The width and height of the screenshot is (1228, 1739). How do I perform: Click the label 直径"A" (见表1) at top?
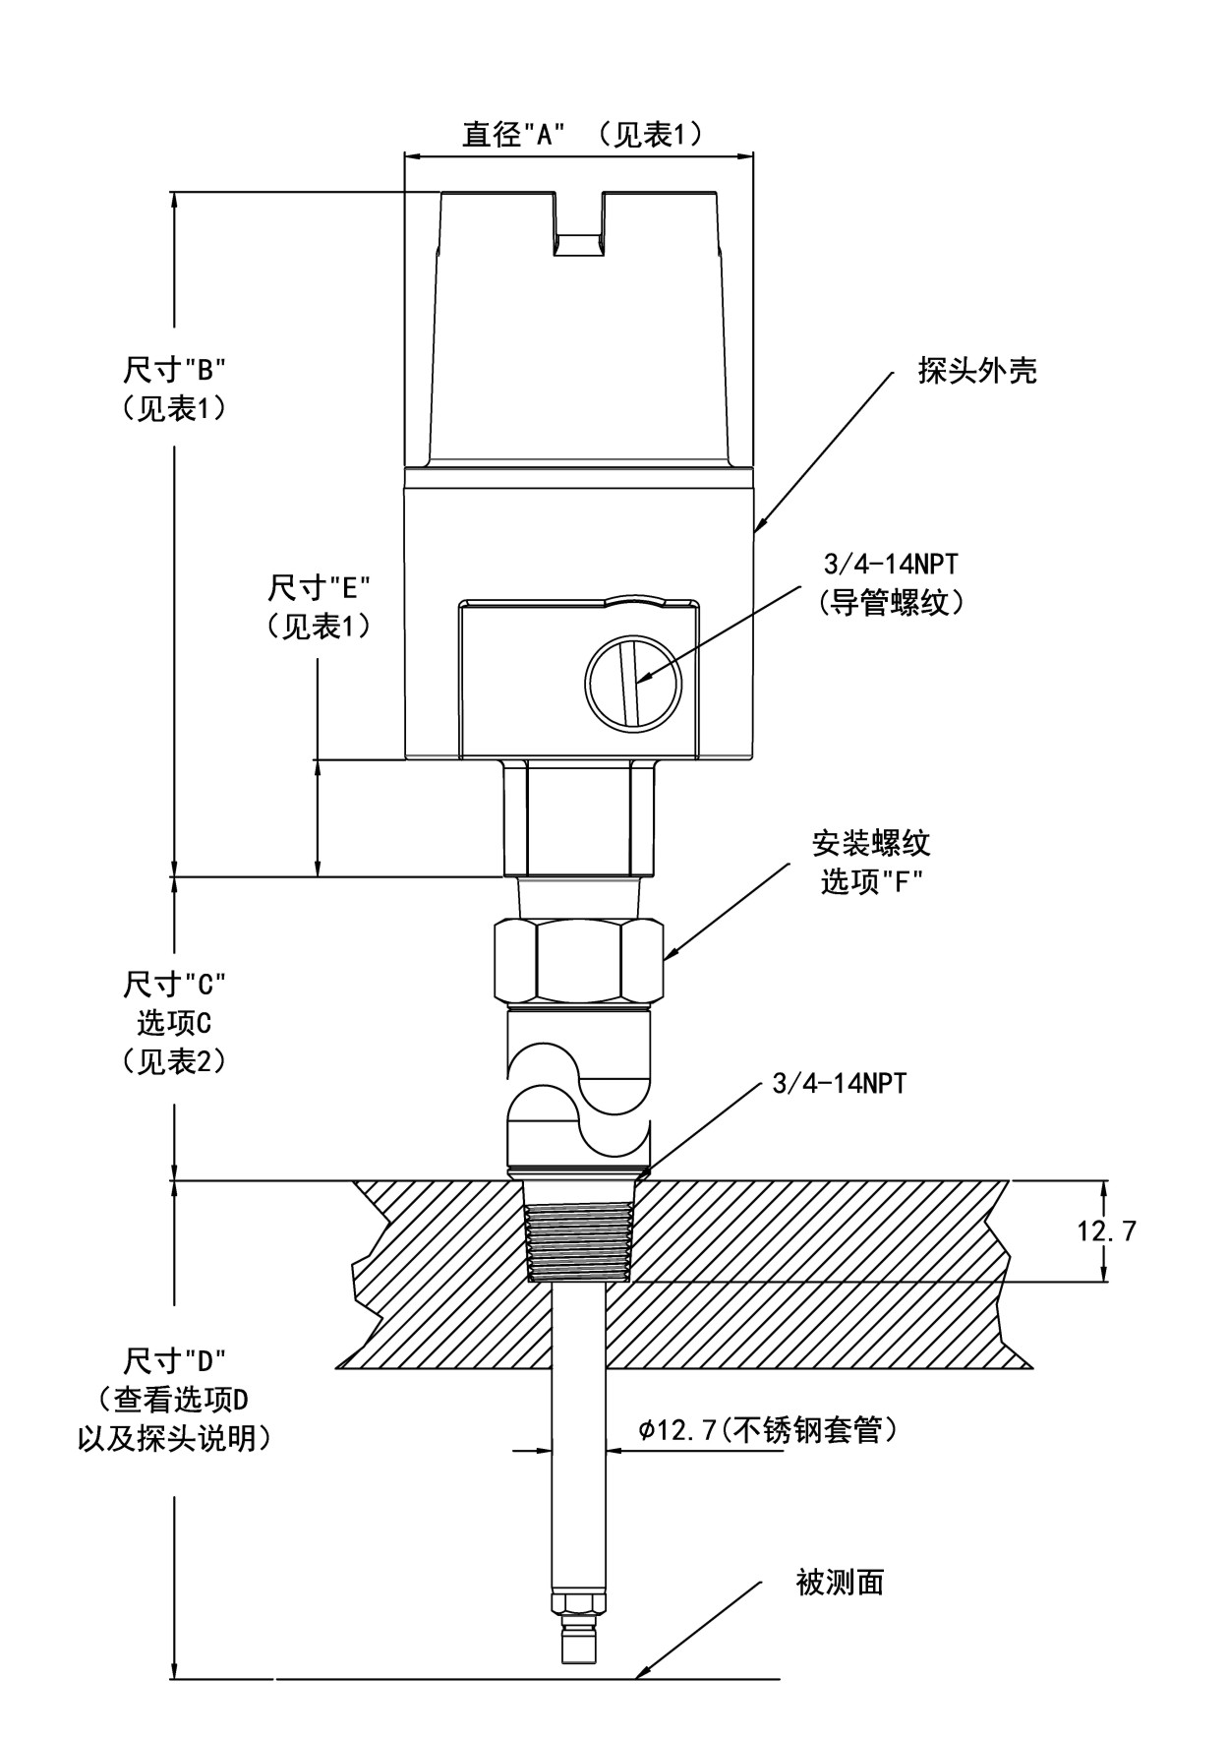pyautogui.click(x=583, y=134)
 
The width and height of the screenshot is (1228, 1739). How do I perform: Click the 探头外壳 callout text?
pyautogui.click(x=977, y=371)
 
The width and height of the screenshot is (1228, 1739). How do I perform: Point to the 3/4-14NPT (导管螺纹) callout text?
pyautogui.click(x=891, y=583)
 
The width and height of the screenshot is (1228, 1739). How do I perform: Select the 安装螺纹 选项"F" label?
pyautogui.click(x=870, y=862)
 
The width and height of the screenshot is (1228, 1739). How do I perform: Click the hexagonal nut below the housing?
pyautogui.click(x=579, y=961)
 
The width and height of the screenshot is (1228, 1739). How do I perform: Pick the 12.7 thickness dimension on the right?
pyautogui.click(x=1106, y=1230)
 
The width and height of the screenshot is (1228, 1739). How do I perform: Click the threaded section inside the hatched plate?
pyautogui.click(x=579, y=1231)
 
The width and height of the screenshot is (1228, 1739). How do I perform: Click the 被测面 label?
pyautogui.click(x=839, y=1582)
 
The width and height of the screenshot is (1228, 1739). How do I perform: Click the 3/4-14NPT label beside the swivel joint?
pyautogui.click(x=840, y=1084)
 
